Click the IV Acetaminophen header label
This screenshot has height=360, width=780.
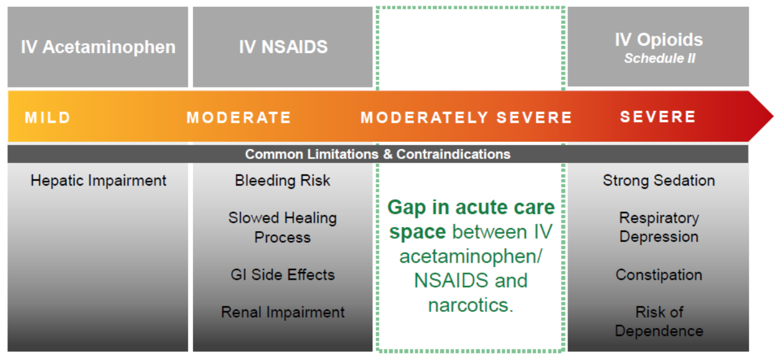98,47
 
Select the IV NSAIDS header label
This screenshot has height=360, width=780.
283,47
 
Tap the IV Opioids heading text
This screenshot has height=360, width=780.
659,39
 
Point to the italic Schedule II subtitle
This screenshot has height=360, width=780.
659,58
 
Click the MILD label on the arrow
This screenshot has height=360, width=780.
47,118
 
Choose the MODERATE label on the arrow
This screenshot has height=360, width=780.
238,118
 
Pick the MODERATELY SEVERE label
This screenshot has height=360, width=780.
466,118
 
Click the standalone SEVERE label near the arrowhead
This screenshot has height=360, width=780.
658,117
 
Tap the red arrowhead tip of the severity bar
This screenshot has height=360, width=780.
773,117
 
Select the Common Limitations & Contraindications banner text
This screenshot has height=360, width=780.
378,154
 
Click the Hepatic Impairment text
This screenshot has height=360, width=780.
98,181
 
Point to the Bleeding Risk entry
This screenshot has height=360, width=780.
282,181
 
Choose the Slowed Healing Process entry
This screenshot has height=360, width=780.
282,227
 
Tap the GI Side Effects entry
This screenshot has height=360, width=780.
282,274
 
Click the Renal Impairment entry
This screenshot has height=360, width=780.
283,313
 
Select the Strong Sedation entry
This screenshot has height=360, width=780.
659,181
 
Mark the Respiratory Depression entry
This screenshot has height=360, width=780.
659,227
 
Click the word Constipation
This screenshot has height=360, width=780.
659,274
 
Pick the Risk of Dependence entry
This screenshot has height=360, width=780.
659,321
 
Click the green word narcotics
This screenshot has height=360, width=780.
471,305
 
